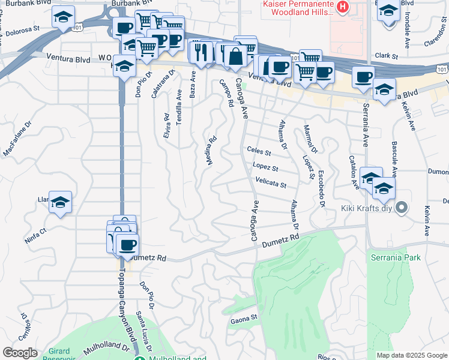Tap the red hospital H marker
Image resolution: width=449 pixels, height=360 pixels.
[x=342, y=7]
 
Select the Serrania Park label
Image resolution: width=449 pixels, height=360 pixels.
[x=396, y=258]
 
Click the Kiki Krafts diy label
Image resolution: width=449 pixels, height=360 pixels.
[x=367, y=209]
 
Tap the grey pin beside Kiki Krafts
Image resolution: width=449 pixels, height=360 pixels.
[x=402, y=209]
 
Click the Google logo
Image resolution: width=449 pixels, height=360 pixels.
[x=20, y=353]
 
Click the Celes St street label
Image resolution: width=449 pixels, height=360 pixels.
[x=259, y=151]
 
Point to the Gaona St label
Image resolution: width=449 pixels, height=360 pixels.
[x=243, y=322]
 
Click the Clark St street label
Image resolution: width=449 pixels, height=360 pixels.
[x=387, y=56]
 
